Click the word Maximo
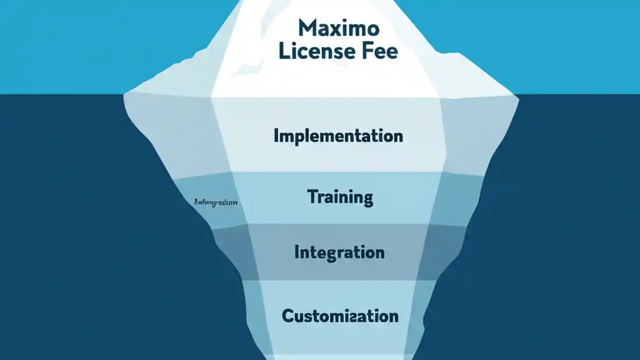coord(338,28)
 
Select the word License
coord(318,51)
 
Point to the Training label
coord(340,197)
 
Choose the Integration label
coord(339,252)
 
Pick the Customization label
coord(340,316)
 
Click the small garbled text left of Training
coord(215,203)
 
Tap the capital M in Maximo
coord(307,28)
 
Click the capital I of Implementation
coord(276,136)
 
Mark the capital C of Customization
coord(288,316)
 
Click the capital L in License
coord(283,51)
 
